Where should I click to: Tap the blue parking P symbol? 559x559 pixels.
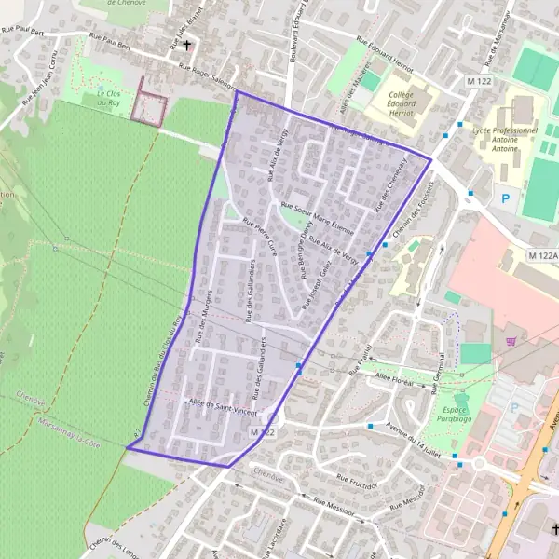coord(506,198)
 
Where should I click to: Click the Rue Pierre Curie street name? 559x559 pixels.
coord(260,237)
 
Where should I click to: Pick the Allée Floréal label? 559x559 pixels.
coord(393,375)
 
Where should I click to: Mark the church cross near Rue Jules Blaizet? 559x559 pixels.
coord(187,44)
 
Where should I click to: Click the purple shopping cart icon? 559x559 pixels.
coord(510,341)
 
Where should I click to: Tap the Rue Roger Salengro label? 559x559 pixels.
coord(206,72)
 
